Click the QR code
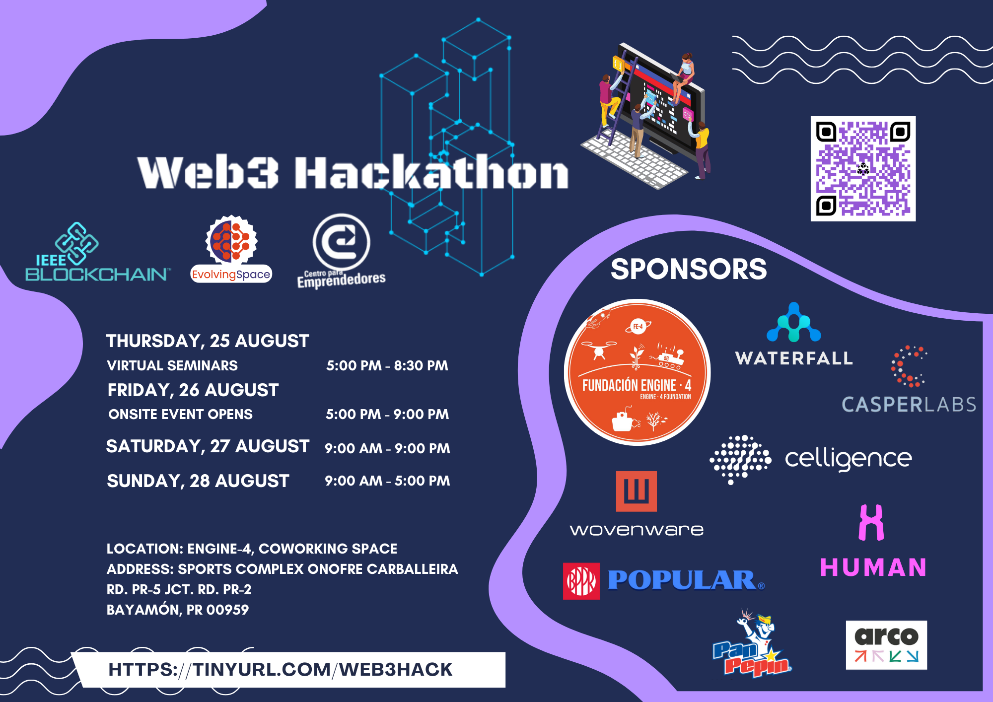(x=863, y=169)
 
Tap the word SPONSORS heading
(x=689, y=269)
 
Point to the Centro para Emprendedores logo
(x=342, y=251)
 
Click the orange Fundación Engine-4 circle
(x=637, y=372)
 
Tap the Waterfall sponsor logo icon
(x=794, y=322)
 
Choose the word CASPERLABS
(x=909, y=405)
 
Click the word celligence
(x=849, y=459)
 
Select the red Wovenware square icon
(x=637, y=491)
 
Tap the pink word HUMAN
(x=873, y=567)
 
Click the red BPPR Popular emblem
(x=581, y=581)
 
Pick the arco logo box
(x=886, y=645)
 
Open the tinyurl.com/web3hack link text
(x=281, y=669)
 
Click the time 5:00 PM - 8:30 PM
(x=387, y=365)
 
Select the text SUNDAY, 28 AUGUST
(x=198, y=481)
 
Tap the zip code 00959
(x=227, y=610)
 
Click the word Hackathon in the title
(x=431, y=171)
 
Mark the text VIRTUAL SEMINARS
(x=172, y=365)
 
